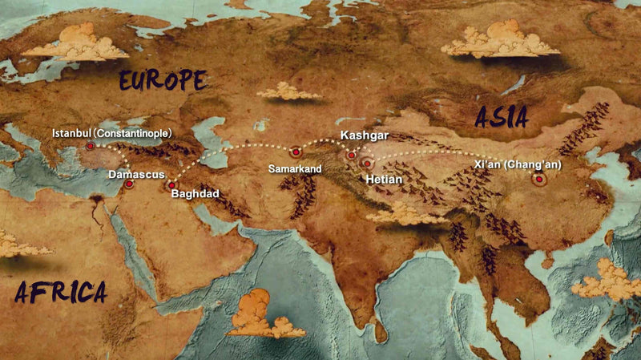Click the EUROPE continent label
[163, 80]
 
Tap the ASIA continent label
[501, 118]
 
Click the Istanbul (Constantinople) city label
[111, 132]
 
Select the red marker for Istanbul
[91, 147]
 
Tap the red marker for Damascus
[128, 184]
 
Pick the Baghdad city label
[195, 194]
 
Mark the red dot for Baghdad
[171, 185]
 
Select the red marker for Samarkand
[296, 151]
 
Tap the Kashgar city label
[365, 136]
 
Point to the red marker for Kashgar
[351, 155]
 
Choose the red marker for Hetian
[367, 163]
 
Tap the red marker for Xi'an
[540, 180]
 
